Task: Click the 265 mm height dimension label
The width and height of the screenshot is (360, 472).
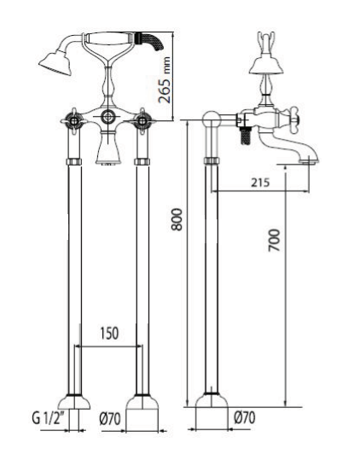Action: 167,76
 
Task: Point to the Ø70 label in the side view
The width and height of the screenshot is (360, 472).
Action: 243,419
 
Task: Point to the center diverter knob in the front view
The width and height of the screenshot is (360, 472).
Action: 107,117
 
